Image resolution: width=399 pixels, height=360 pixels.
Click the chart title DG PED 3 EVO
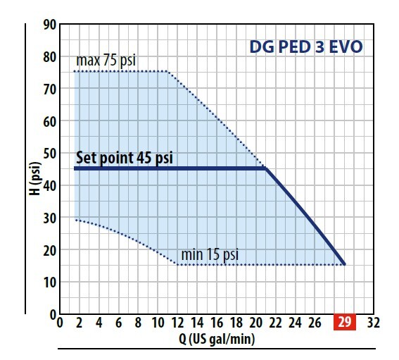click(x=307, y=49)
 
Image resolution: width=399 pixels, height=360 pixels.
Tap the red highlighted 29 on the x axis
click(x=345, y=323)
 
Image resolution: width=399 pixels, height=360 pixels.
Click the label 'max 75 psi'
click(x=106, y=61)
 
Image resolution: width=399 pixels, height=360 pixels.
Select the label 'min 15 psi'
click(x=211, y=253)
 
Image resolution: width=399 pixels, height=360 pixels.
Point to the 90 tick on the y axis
click(x=48, y=25)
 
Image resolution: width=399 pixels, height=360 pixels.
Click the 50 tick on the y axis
click(x=48, y=154)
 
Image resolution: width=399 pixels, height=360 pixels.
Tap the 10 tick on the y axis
click(x=48, y=282)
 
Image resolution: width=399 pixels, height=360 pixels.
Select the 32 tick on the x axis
click(x=373, y=323)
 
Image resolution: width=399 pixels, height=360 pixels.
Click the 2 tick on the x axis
click(x=78, y=323)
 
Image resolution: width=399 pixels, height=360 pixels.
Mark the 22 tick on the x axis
click(x=275, y=323)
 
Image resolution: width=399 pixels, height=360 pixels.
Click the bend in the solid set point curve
click(x=265, y=168)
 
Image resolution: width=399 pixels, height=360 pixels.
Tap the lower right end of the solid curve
click(x=344, y=263)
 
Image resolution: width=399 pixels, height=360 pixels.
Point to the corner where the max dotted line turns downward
click(x=167, y=72)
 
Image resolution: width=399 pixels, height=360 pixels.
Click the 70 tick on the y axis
click(x=48, y=89)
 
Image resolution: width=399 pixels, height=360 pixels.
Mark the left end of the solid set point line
click(x=75, y=168)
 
